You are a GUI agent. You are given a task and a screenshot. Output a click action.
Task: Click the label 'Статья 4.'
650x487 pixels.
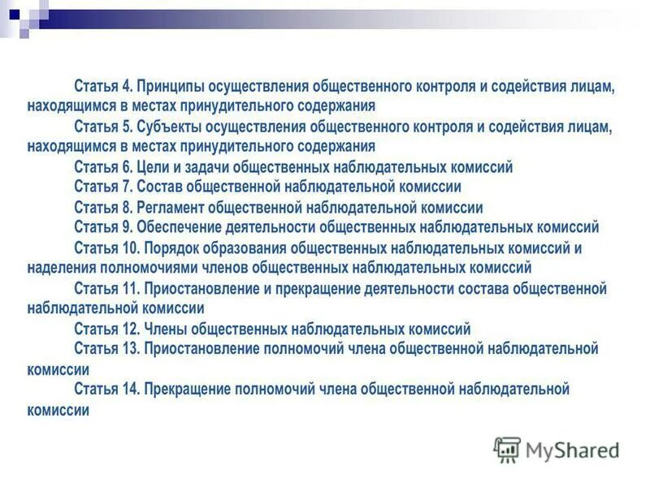click(x=103, y=86)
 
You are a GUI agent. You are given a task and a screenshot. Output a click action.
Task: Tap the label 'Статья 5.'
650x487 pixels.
click(x=103, y=127)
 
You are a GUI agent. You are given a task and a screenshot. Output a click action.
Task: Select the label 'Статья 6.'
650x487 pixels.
click(x=103, y=168)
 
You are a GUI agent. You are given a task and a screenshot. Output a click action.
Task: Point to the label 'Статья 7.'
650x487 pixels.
click(x=103, y=187)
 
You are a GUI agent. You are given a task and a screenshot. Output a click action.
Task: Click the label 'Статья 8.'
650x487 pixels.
click(x=103, y=208)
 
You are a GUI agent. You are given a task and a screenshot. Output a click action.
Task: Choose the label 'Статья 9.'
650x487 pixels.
click(x=103, y=227)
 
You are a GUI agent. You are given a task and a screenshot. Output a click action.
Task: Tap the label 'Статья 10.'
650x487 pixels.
click(x=106, y=248)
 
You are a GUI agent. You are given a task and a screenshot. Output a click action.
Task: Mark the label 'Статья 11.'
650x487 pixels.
click(x=106, y=289)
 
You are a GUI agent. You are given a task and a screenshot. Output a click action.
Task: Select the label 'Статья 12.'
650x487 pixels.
click(x=106, y=330)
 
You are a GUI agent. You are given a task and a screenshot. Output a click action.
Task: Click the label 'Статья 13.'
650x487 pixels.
click(x=106, y=349)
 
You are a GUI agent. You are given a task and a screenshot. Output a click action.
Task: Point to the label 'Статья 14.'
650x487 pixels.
click(x=106, y=390)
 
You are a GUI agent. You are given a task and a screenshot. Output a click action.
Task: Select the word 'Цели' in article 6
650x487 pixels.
click(x=153, y=168)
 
